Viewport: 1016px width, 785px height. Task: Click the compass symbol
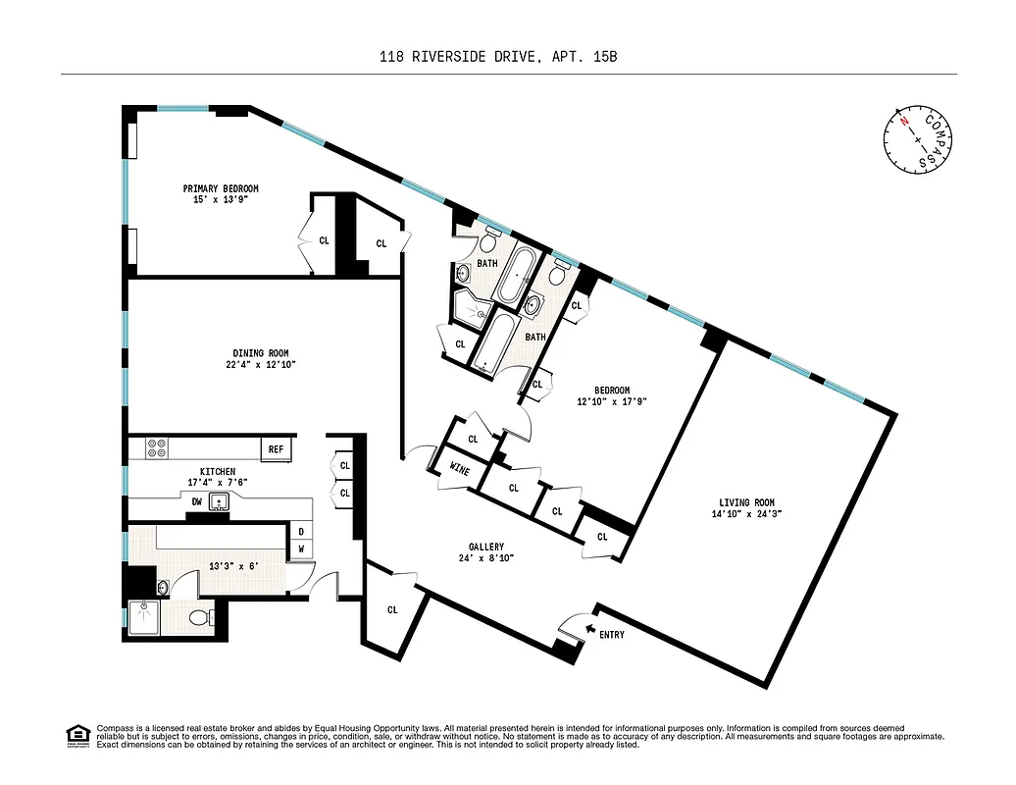coord(918,137)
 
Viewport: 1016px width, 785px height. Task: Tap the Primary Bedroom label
coord(221,188)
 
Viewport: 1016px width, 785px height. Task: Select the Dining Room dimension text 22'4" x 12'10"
coord(260,365)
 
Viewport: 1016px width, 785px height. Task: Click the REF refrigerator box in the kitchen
coord(277,449)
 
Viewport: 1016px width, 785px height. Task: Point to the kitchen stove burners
coord(157,448)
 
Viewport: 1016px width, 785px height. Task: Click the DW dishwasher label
coord(197,501)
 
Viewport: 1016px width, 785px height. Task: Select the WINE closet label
coord(459,470)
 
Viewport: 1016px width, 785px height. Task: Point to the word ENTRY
coord(611,635)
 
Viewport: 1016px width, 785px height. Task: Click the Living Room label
coord(748,501)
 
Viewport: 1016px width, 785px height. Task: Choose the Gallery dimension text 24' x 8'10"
coord(485,558)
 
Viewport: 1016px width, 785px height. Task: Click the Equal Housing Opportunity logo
coord(76,735)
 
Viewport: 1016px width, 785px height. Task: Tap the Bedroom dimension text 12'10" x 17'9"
coord(611,400)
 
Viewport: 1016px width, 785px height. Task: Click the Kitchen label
coord(217,472)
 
